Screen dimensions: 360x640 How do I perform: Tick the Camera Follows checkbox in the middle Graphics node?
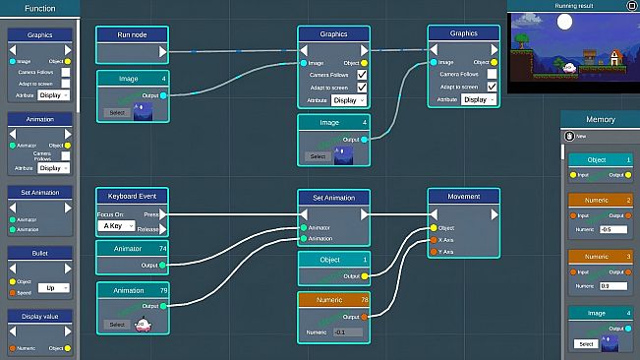[x=363, y=75]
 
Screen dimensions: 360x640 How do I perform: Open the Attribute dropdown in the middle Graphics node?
[x=349, y=100]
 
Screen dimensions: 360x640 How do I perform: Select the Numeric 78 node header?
[x=333, y=299]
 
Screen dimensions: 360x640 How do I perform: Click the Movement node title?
[x=463, y=197]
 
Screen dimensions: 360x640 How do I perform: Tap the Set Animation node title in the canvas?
[x=333, y=197]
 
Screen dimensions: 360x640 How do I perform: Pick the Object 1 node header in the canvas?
[x=333, y=260]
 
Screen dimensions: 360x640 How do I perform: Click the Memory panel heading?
[x=600, y=119]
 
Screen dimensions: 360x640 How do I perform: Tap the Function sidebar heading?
[x=39, y=8]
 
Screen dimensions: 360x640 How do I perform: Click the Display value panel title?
[x=39, y=317]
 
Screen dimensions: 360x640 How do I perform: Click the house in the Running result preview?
[x=614, y=57]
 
